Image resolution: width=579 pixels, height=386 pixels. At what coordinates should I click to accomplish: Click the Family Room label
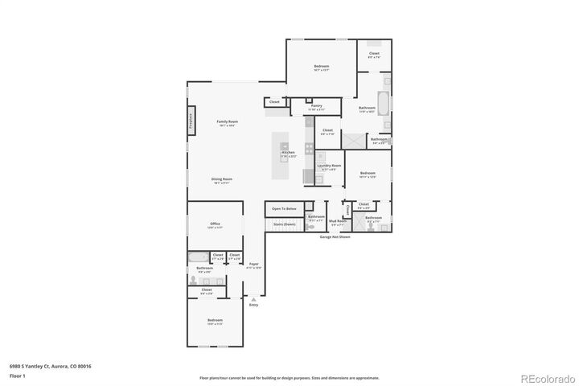pos(227,121)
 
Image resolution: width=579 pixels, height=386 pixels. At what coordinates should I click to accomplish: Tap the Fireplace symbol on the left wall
pos(191,121)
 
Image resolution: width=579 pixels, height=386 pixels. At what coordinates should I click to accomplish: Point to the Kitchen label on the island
pos(288,152)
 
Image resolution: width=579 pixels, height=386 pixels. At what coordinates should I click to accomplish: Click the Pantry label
pos(317,105)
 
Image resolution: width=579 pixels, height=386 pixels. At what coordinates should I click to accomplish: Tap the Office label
pos(215,224)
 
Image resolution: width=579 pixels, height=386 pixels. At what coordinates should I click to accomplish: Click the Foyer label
pos(254,263)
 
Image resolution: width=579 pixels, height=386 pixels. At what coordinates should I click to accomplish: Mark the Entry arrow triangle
pos(253,299)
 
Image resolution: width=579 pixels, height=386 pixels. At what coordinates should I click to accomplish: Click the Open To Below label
pos(283,208)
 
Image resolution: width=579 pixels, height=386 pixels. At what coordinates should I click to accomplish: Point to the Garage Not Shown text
pos(335,237)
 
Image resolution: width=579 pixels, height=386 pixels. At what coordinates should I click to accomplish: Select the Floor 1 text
pos(18,375)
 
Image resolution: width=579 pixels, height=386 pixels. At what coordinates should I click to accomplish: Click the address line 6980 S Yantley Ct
pos(50,366)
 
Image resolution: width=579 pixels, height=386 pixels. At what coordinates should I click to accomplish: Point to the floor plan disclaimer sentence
pos(289,377)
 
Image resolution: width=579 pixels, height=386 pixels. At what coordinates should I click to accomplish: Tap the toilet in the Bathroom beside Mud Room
pos(311,227)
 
